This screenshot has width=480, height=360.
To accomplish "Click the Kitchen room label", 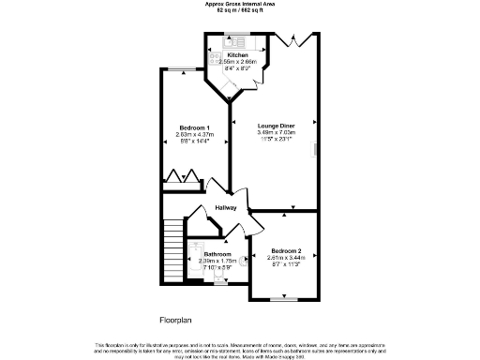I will (236, 55).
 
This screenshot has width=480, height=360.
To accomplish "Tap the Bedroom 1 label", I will (194, 127).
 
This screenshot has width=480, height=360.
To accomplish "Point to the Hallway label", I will (226, 207).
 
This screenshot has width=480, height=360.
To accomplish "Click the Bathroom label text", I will (217, 254).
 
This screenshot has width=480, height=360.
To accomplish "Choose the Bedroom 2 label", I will (286, 251).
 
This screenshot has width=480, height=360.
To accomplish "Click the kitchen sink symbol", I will (234, 41).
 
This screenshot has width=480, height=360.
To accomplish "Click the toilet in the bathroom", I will (243, 262).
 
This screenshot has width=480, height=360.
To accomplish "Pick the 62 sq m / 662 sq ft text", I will (239, 10).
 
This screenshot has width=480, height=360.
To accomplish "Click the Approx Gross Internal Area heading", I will (239, 4).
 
